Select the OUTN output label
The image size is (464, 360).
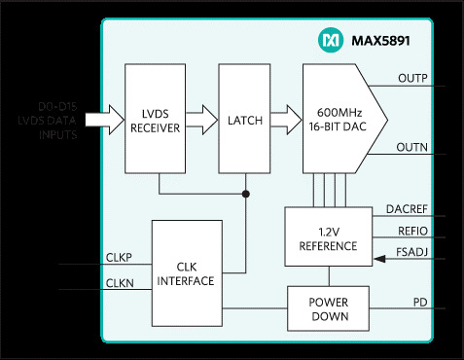[x=412, y=147]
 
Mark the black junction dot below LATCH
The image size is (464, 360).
[x=244, y=194]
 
